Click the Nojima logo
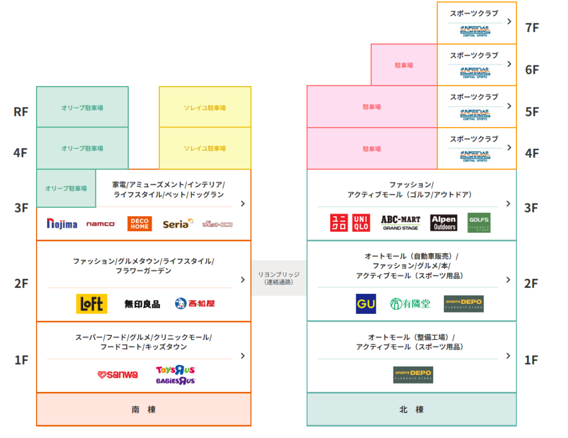click(x=62, y=223)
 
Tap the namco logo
click(x=101, y=224)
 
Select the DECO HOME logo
click(x=139, y=223)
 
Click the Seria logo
click(x=178, y=223)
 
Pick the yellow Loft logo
click(x=92, y=304)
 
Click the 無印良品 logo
click(x=142, y=304)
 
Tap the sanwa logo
click(x=118, y=375)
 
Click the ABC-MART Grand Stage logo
click(x=400, y=223)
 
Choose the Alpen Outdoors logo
click(x=444, y=223)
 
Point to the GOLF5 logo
click(x=479, y=223)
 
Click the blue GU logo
click(x=366, y=304)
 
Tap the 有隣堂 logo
click(x=410, y=304)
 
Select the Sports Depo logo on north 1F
click(x=413, y=375)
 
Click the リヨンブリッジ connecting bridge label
click(x=278, y=278)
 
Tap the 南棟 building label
click(x=143, y=410)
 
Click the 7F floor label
click(x=531, y=28)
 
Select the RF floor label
click(x=21, y=111)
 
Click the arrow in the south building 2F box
click(x=242, y=280)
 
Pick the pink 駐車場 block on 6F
click(x=404, y=65)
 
